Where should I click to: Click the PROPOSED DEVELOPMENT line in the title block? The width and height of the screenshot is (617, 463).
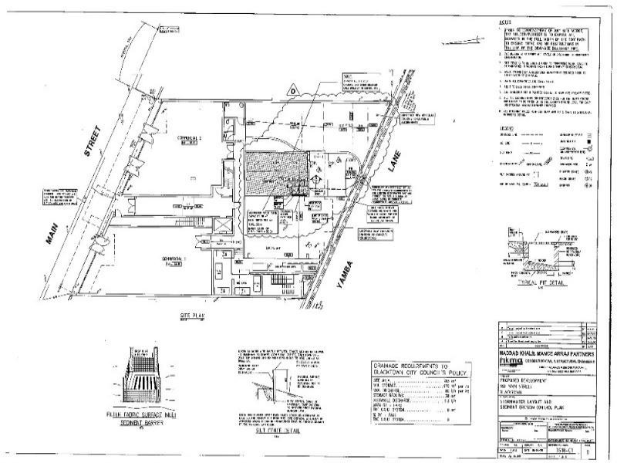pyautogui.click(x=527, y=381)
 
